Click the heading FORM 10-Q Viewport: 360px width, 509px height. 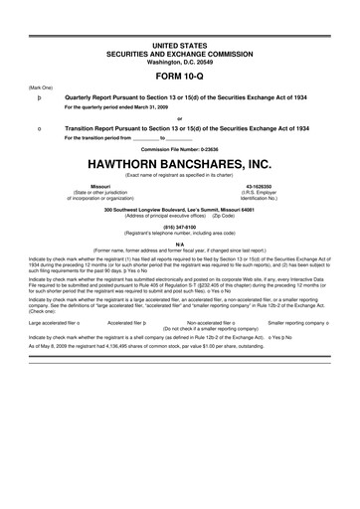pyautogui.click(x=179, y=75)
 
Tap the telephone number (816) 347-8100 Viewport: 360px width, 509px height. pyautogui.click(x=179, y=226)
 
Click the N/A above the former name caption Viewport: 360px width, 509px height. pyautogui.click(x=179, y=243)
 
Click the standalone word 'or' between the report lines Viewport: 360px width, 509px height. pyautogui.click(x=179, y=119)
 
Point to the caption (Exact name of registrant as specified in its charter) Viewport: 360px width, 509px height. pyautogui.click(x=179, y=175)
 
